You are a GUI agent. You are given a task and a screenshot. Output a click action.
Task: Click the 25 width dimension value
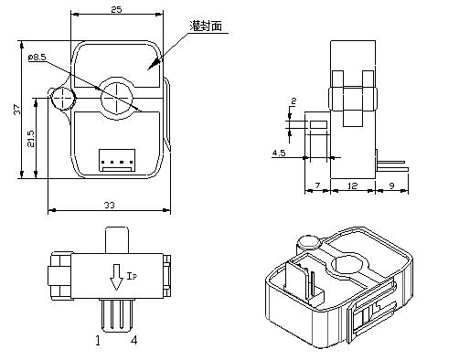(x=116, y=9)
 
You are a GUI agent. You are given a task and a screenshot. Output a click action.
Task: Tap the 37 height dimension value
(x=17, y=110)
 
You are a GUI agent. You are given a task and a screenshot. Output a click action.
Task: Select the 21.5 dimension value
(x=31, y=139)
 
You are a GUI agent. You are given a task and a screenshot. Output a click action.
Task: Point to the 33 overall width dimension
(x=110, y=205)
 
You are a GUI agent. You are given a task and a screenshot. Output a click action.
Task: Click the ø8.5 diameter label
(x=37, y=57)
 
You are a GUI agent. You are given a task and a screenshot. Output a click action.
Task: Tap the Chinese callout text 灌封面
(x=206, y=26)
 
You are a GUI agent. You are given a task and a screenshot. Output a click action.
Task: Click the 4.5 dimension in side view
(x=279, y=153)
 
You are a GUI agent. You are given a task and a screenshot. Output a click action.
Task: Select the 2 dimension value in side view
(x=294, y=101)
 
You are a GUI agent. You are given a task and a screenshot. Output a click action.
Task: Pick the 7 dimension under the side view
(x=317, y=185)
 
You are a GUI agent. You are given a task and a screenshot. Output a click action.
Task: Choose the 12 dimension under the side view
(x=352, y=185)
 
